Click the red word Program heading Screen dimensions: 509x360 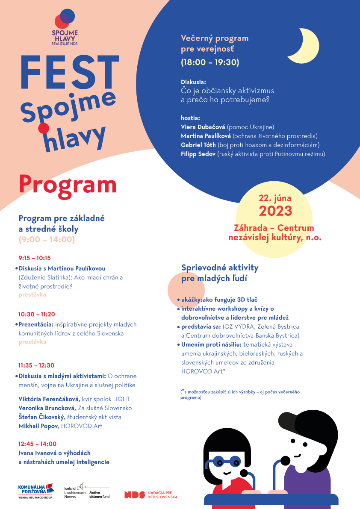(68, 185)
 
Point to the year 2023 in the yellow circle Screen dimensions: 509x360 (275, 211)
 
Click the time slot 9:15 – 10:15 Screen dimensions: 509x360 (35, 258)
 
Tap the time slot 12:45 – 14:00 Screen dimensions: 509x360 (38, 444)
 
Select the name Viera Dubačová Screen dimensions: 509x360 (203, 127)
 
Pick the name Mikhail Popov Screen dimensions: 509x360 (39, 426)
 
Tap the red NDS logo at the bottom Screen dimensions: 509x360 (132, 494)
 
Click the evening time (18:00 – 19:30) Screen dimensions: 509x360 (210, 62)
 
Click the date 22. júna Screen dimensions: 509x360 (275, 198)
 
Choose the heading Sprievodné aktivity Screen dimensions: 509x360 (220, 268)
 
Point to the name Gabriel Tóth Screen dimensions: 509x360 (198, 145)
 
